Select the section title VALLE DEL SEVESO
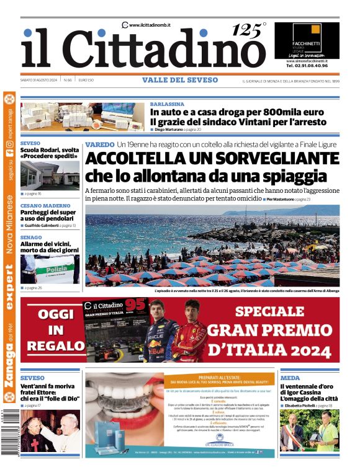(180, 80)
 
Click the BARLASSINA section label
(166, 104)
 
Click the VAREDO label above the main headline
(99, 144)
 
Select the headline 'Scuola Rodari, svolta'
(49, 151)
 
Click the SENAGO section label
(31, 238)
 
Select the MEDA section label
(290, 378)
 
